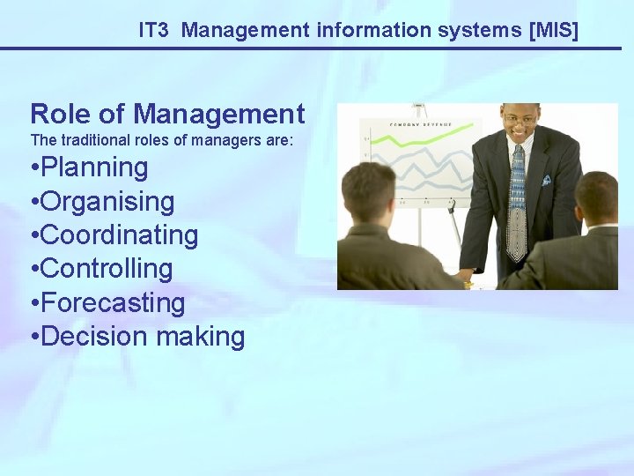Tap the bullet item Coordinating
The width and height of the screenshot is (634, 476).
coord(119,235)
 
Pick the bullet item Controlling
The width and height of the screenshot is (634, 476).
coord(107,269)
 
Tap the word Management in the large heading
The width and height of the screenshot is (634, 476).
coord(219,114)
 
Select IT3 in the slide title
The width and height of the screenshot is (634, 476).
coord(155,30)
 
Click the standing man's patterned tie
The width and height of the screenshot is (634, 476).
coord(518,198)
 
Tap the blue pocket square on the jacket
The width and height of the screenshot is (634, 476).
coord(546,179)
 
